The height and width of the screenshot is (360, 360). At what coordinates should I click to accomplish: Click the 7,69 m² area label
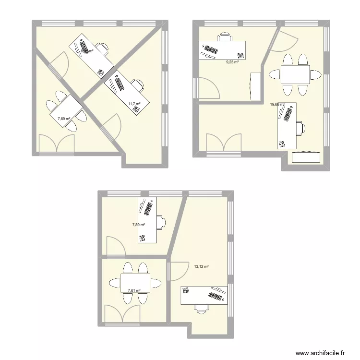tap(64, 119)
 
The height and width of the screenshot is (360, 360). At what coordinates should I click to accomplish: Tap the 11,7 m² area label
tap(134, 104)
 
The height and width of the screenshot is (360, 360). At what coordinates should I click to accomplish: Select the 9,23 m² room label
tap(233, 62)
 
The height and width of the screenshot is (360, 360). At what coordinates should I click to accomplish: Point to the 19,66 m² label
tap(277, 104)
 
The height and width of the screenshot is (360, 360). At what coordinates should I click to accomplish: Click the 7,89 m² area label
tap(139, 224)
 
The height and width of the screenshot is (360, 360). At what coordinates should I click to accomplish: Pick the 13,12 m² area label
tap(201, 267)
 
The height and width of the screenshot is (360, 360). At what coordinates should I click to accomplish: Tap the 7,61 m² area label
tap(134, 290)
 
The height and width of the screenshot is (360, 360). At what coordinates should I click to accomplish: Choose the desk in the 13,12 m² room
tap(204, 295)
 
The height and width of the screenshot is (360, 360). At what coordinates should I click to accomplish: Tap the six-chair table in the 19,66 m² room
tap(295, 74)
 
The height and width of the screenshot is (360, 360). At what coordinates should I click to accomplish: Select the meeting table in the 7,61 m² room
tap(135, 284)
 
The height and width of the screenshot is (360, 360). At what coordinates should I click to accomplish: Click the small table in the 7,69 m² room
tap(66, 111)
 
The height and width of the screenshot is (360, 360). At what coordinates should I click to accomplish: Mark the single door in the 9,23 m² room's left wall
tap(207, 89)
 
